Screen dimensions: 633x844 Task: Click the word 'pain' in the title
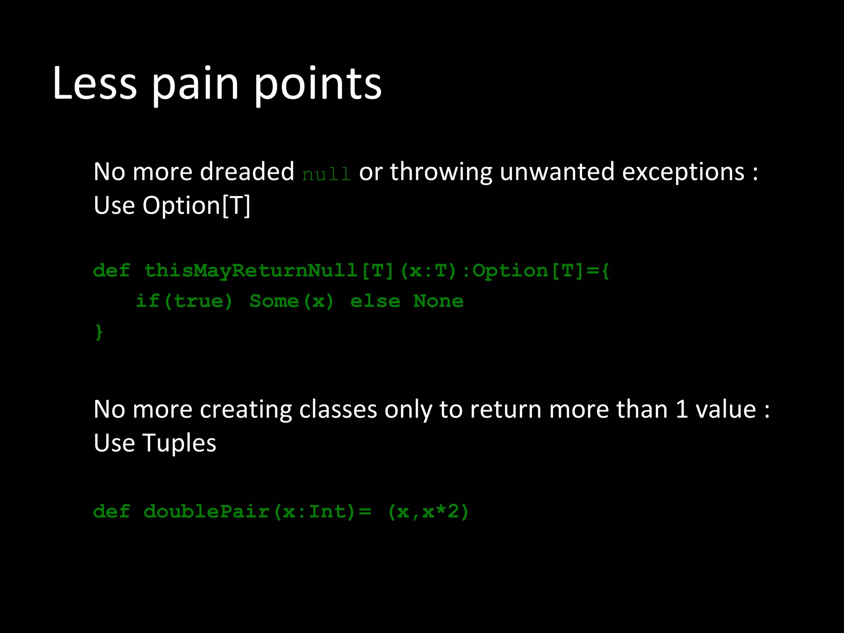[x=195, y=84]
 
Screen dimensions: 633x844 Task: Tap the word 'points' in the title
[x=317, y=84]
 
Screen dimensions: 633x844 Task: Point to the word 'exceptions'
[x=683, y=172]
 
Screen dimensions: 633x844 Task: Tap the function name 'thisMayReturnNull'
[x=251, y=271]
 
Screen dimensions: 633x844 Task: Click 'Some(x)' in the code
[x=291, y=301]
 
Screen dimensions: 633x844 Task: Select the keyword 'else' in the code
[x=375, y=301]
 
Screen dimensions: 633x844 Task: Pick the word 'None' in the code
[x=438, y=301]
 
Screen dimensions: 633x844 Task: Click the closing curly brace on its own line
[x=98, y=332]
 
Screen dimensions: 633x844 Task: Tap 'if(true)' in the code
[x=184, y=301]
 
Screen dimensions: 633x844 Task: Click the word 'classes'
[x=338, y=410]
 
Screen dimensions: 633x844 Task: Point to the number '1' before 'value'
[x=682, y=410]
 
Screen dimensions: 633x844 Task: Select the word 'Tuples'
[x=179, y=443]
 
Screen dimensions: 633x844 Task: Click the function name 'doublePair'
[x=206, y=512]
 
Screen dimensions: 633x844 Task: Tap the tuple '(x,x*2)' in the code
[x=428, y=512]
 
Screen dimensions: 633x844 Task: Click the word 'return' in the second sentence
[x=506, y=410]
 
